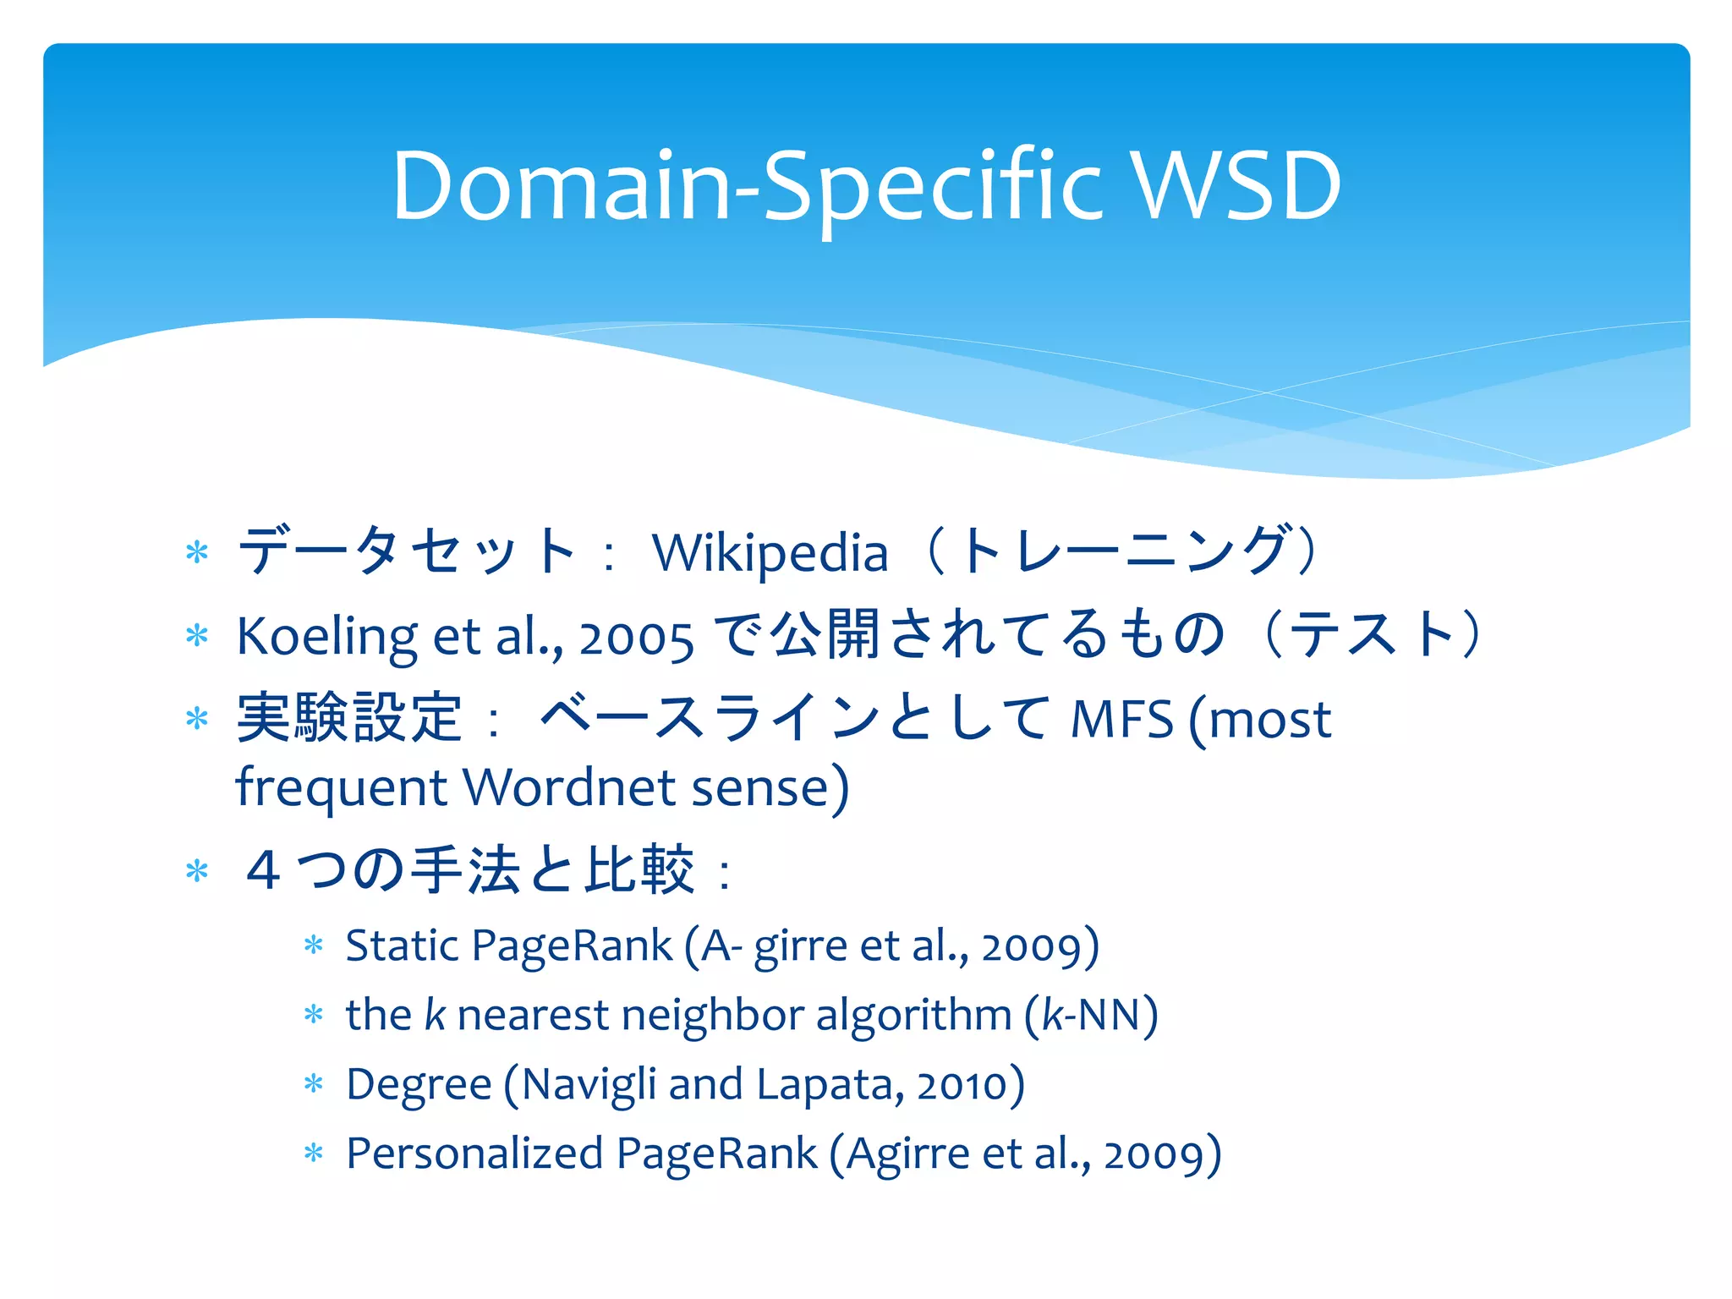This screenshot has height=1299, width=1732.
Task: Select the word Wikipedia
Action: coord(770,554)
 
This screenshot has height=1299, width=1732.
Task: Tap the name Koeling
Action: coord(326,637)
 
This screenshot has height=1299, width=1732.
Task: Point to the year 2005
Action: coord(636,639)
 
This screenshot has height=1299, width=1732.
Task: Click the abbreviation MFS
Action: coord(1122,720)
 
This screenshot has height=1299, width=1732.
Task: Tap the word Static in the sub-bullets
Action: coord(403,945)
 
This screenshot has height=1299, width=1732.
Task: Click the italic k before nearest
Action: coord(435,1015)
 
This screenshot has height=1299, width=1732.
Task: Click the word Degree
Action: coord(419,1085)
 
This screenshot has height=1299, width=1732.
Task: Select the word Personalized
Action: coord(474,1154)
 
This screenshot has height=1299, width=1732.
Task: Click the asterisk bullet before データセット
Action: coord(197,554)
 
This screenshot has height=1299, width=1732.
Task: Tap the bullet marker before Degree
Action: coord(314,1084)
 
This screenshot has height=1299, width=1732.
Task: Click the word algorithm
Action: coord(913,1015)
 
